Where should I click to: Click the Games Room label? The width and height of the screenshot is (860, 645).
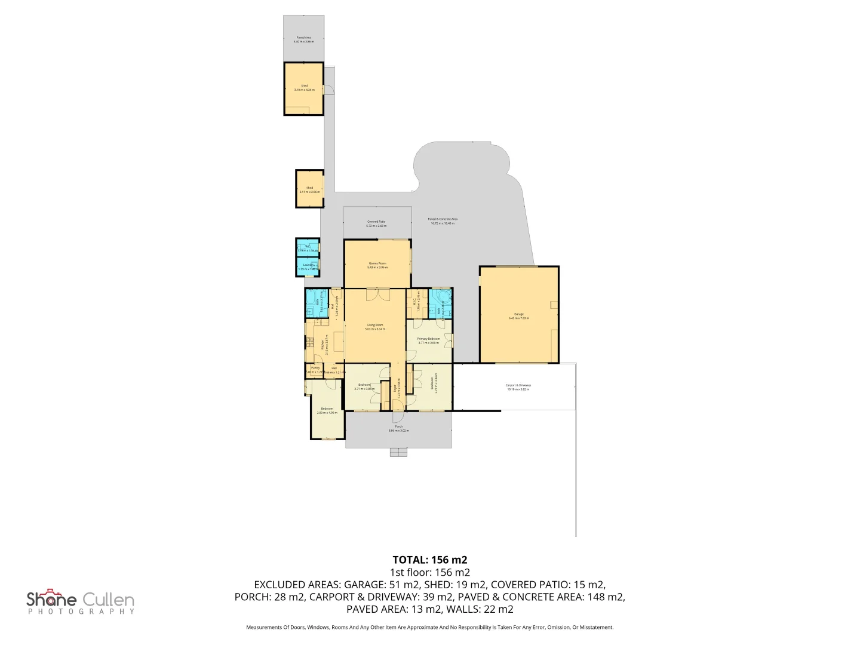coord(377,263)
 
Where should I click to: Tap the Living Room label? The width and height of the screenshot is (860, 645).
coord(375,325)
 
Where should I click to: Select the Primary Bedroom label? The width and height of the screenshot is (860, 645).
coord(429,339)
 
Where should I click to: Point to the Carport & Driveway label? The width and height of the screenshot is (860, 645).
coord(518,385)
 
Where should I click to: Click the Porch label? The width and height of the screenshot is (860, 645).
coord(398,426)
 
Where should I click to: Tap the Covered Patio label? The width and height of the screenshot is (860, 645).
coord(376,222)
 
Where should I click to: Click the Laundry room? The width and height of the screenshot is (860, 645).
coord(308,266)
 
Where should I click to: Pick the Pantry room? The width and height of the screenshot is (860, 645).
coord(315,370)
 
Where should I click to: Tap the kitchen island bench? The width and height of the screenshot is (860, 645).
coord(339,342)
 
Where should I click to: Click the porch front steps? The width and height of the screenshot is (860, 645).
coord(398,452)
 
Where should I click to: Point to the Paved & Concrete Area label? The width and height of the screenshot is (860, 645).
coord(443,219)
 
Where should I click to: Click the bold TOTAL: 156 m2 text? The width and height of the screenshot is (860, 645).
coord(429,560)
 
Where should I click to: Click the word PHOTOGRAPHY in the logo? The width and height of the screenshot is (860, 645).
coord(81,612)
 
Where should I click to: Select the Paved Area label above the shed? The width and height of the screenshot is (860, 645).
coord(303,38)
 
